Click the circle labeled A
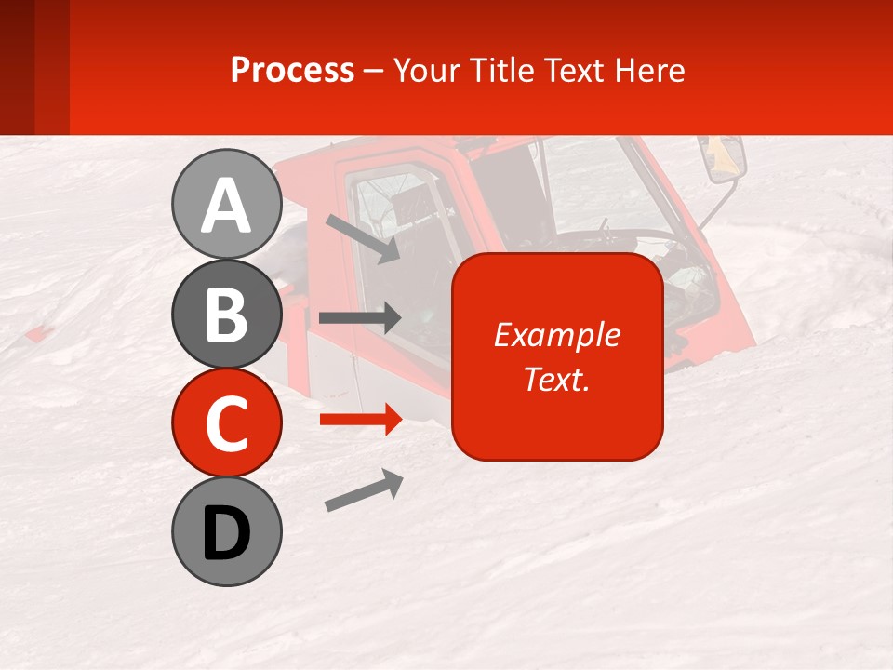[226, 205]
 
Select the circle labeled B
[226, 314]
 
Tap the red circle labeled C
[226, 422]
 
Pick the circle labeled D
[226, 531]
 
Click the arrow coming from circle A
[362, 237]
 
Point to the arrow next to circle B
[359, 318]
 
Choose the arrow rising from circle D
[364, 490]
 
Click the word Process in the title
[292, 70]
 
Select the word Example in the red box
[556, 335]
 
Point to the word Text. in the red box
[556, 379]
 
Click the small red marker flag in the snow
[37, 333]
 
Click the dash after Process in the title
[373, 71]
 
